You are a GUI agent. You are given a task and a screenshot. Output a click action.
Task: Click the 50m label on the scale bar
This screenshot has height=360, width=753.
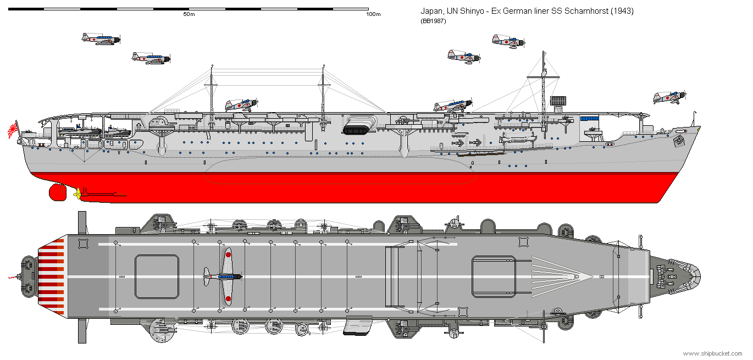click(189, 14)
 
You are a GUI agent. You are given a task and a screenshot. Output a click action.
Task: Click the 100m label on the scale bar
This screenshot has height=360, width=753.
click(373, 14)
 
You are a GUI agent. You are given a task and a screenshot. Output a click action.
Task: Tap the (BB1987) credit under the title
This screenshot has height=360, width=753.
click(433, 21)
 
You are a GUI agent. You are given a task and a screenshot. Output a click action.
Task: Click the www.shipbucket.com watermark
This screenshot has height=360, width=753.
click(712, 353)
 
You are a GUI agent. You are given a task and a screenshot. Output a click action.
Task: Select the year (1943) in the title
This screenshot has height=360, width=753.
click(622, 11)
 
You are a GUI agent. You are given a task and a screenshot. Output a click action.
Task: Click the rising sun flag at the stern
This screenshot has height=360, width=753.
click(13, 130)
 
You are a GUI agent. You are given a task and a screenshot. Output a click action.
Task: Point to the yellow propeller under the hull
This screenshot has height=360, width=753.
click(77, 193)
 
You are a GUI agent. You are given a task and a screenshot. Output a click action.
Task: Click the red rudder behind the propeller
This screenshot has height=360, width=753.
click(58, 192)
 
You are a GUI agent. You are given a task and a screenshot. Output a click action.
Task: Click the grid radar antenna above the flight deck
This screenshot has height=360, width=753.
click(558, 101)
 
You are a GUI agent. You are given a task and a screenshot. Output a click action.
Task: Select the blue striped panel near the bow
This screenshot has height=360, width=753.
click(589, 118)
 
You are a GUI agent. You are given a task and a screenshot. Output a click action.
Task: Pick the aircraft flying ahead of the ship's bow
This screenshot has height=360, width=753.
click(669, 97)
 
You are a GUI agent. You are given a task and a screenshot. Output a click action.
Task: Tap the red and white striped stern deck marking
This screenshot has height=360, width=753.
click(51, 276)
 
